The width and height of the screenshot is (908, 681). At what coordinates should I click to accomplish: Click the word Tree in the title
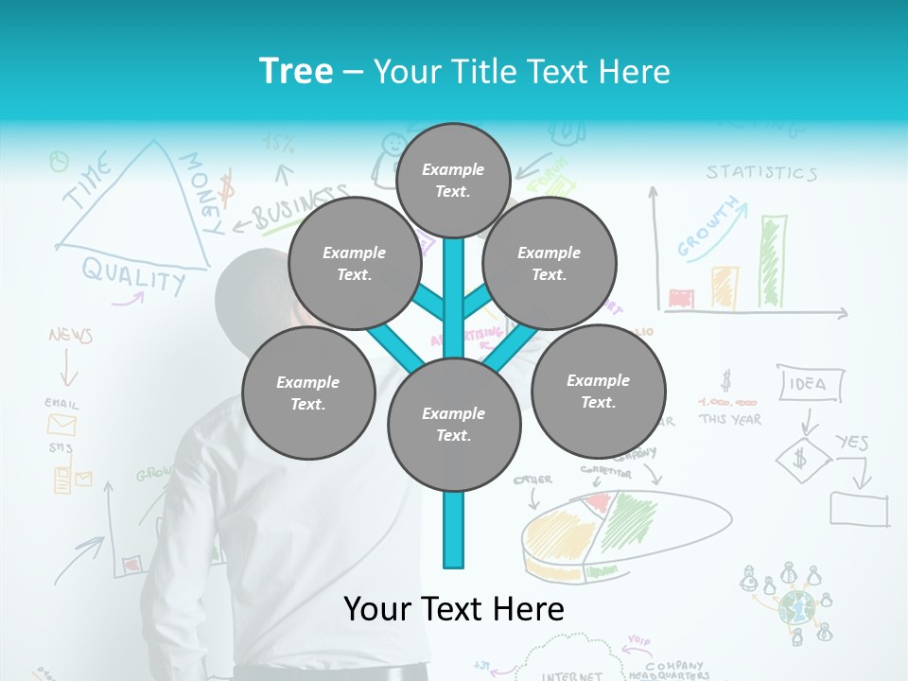click(x=296, y=72)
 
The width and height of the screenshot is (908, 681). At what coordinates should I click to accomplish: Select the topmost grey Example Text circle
click(x=453, y=180)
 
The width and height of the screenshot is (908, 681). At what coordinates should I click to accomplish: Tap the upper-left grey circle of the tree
click(x=355, y=264)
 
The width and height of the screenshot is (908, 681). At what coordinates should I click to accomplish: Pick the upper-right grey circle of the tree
click(x=550, y=264)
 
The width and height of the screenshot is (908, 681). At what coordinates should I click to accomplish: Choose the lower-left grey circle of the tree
click(x=308, y=393)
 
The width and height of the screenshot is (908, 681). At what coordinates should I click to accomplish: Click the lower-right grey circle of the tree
click(x=598, y=392)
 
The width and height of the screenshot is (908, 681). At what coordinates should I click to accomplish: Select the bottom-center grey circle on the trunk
click(x=454, y=425)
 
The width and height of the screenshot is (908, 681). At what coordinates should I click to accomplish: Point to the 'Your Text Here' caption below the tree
click(x=454, y=609)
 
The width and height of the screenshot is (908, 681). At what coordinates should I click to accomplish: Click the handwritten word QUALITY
click(x=133, y=275)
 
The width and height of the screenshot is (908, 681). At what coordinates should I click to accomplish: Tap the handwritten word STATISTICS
click(x=761, y=172)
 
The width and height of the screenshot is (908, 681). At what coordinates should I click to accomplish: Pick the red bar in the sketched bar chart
click(x=681, y=299)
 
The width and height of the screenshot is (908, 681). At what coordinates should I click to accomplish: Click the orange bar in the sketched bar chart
click(x=725, y=287)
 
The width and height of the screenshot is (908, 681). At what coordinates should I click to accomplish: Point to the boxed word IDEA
click(x=807, y=383)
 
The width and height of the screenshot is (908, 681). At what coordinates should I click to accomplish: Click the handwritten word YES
click(x=852, y=442)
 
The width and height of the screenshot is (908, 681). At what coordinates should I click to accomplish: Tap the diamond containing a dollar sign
click(x=803, y=460)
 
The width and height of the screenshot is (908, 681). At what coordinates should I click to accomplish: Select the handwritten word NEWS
click(x=70, y=335)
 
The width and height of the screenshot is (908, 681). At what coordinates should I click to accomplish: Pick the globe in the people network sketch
click(x=796, y=606)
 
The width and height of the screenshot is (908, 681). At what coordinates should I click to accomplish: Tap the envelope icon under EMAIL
click(x=61, y=424)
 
